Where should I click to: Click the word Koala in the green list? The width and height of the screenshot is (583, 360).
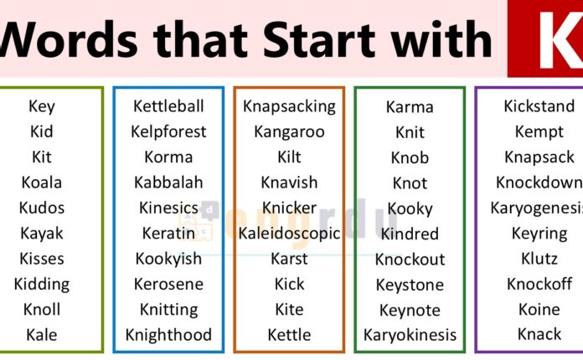tap(42, 183)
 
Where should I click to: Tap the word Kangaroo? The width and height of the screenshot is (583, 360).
tap(289, 131)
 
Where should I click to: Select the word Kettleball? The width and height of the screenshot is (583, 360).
tap(168, 106)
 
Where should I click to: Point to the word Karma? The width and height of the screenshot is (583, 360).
tap(410, 107)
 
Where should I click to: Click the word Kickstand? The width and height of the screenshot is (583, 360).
tap(539, 106)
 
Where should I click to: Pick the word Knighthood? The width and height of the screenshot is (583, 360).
tap(168, 335)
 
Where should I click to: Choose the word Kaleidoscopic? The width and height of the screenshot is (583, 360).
tap(289, 234)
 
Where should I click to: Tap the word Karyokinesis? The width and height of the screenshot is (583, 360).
tap(410, 336)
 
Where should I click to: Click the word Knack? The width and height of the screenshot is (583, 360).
tap(539, 334)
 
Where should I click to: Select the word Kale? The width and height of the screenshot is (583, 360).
tap(42, 335)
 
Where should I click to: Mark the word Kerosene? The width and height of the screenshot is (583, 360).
tap(168, 285)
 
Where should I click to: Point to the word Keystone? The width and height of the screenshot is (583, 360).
tap(410, 285)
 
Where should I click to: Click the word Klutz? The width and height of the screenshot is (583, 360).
tap(539, 259)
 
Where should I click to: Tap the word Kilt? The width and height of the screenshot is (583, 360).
tap(289, 157)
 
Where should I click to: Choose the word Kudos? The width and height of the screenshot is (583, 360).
tap(42, 208)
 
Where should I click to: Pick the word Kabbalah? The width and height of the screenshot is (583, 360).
tap(168, 183)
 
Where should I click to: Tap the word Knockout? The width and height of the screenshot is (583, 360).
tap(410, 260)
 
